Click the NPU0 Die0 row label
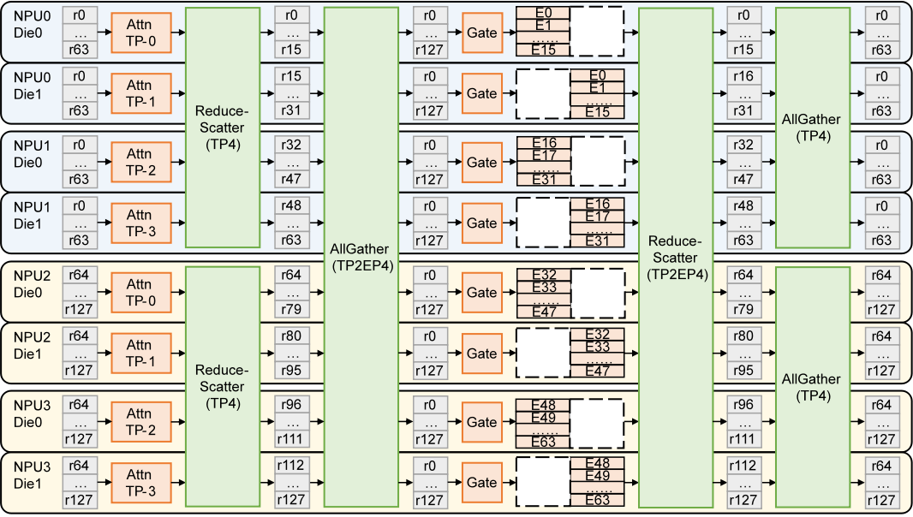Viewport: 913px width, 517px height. pyautogui.click(x=32, y=25)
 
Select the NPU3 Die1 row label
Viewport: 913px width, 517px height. pyautogui.click(x=32, y=475)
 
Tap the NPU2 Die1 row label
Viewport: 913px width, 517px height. pyautogui.click(x=32, y=345)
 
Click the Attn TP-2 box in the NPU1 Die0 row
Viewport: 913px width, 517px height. pyautogui.click(x=141, y=163)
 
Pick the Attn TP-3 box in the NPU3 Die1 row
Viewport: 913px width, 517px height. pyautogui.click(x=141, y=483)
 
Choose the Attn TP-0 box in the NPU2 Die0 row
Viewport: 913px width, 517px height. pyautogui.click(x=141, y=293)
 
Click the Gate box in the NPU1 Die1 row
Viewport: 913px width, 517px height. pyautogui.click(x=482, y=223)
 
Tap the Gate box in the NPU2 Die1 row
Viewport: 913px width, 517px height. pyautogui.click(x=482, y=354)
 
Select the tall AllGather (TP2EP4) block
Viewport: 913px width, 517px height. pyautogui.click(x=361, y=258)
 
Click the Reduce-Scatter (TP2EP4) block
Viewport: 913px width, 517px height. pyautogui.click(x=676, y=258)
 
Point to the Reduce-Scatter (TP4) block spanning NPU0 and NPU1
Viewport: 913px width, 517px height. pyautogui.click(x=223, y=128)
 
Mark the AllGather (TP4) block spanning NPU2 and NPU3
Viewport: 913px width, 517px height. pyautogui.click(x=812, y=387)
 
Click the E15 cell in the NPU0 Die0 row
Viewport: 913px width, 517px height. pyautogui.click(x=543, y=50)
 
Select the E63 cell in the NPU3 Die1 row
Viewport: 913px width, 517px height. pyautogui.click(x=598, y=500)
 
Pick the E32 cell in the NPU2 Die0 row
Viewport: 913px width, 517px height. pyautogui.click(x=544, y=275)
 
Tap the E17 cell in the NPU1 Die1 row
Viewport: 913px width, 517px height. pyautogui.click(x=598, y=216)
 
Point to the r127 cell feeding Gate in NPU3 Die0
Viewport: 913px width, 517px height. pyautogui.click(x=430, y=439)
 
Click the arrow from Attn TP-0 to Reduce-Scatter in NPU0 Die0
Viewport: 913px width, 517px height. pyautogui.click(x=178, y=33)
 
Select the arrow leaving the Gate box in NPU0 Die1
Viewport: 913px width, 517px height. pyautogui.click(x=509, y=93)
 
